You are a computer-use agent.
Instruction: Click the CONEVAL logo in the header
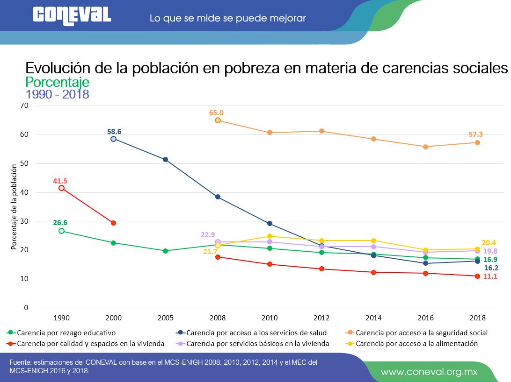72,15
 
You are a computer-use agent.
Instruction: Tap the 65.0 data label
216,113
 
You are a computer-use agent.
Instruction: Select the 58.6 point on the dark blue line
113,139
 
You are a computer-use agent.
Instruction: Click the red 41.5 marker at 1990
61,188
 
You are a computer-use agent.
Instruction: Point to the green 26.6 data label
60,223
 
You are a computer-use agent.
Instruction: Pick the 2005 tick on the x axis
166,318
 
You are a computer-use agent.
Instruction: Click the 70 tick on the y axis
24,106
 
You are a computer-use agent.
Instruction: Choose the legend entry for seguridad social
421,333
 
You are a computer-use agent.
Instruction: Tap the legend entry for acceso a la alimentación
416,343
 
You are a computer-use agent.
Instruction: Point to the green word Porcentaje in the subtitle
57,82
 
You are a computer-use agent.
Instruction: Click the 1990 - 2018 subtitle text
57,94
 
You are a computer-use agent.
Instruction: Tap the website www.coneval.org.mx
429,372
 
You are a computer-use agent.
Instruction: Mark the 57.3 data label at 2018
475,134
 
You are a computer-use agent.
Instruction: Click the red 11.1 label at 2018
490,276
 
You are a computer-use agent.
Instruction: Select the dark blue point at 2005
165,159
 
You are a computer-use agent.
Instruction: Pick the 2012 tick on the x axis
321,318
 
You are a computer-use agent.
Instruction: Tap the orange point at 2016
425,147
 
